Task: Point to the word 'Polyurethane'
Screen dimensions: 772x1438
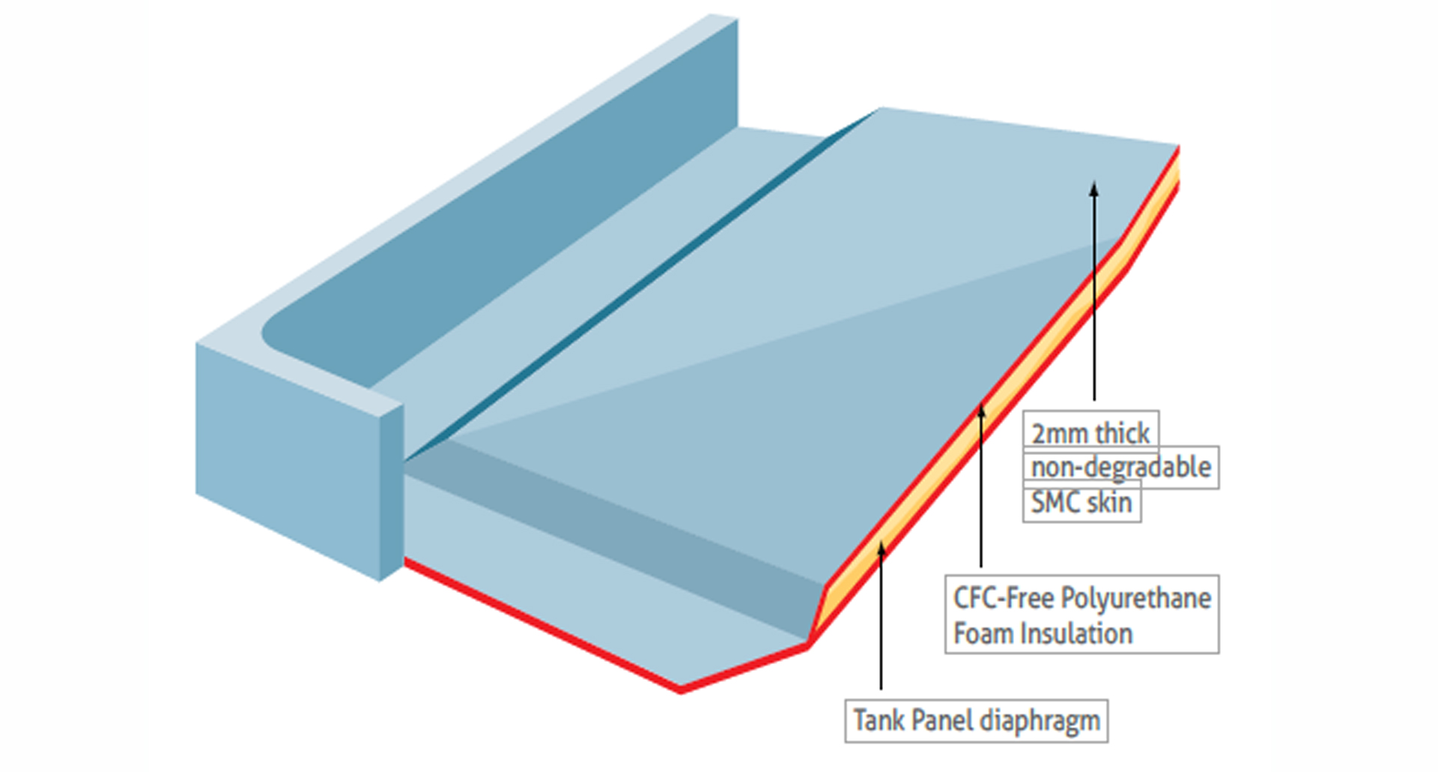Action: pos(1135,598)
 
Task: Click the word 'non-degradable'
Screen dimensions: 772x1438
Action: pos(1120,468)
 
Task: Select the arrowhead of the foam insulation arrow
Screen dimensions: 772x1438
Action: pos(980,411)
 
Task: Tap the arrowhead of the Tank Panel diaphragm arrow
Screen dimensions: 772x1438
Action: pos(881,550)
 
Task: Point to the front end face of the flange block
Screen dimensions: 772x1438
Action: pos(288,457)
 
